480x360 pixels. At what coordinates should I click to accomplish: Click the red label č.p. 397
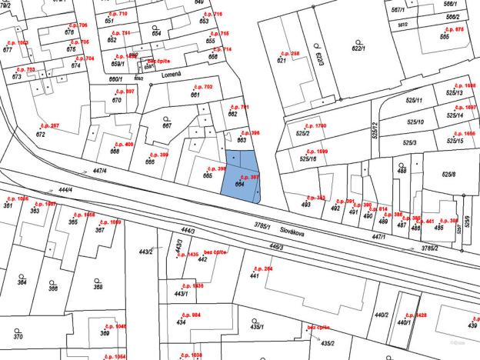click(250, 178)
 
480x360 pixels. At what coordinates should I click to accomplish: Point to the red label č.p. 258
click(289, 53)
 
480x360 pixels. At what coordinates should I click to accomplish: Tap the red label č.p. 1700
click(315, 125)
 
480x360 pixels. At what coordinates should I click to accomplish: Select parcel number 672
click(40, 135)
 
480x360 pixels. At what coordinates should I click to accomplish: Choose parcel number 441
click(254, 275)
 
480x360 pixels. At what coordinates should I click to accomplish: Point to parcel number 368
click(98, 287)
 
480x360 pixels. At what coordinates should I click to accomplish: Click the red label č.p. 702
click(202, 87)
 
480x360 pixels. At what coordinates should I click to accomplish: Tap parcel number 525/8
click(448, 175)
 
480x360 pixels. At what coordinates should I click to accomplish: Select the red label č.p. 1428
click(416, 315)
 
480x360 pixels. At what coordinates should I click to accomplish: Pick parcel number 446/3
click(276, 247)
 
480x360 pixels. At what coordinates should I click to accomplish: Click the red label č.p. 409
click(123, 144)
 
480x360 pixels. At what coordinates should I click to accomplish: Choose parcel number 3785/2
click(429, 248)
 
